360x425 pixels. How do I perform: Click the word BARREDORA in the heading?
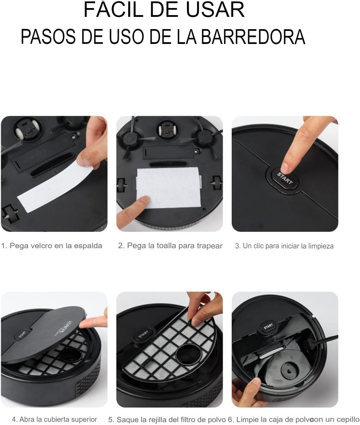(253, 37)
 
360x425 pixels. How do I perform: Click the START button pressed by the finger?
(284, 179)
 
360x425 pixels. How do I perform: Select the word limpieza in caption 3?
(321, 246)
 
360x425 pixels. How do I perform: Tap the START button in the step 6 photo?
(268, 326)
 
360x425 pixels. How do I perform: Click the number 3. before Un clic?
(237, 246)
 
